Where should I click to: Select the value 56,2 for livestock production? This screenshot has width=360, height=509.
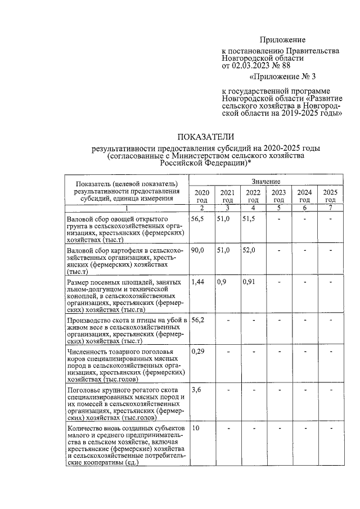coord(198,319)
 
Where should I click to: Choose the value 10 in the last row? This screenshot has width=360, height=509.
coord(196,428)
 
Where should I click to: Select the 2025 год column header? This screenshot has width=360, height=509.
coord(330,196)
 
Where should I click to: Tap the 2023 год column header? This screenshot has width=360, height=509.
coord(278,196)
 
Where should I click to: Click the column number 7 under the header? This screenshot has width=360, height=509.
coord(330,208)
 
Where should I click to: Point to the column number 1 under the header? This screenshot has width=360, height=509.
coord(127,208)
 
